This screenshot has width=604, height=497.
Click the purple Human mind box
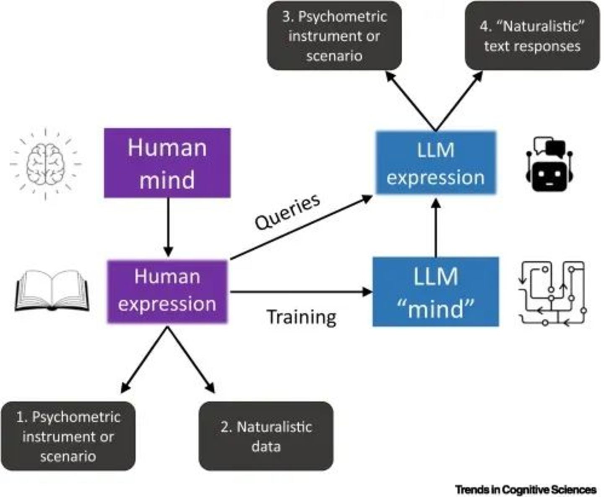point(167,163)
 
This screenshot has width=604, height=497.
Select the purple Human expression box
point(167,291)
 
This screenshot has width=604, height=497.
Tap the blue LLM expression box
point(435,163)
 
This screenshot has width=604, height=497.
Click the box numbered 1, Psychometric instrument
point(68,436)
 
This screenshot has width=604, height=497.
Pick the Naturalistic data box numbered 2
point(266,436)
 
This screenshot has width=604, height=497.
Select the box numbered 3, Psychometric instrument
point(334,36)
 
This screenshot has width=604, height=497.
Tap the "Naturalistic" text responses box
point(532,36)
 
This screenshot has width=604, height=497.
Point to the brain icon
point(45,163)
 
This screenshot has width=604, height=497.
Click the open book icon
point(52,290)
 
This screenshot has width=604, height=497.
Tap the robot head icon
point(549,164)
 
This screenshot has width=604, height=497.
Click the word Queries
point(288,212)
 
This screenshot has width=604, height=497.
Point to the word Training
point(301,317)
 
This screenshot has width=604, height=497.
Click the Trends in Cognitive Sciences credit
point(526,489)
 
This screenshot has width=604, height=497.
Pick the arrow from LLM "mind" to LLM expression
point(436,228)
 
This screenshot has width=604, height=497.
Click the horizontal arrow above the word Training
point(300,292)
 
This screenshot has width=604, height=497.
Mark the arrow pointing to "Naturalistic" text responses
point(459,101)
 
